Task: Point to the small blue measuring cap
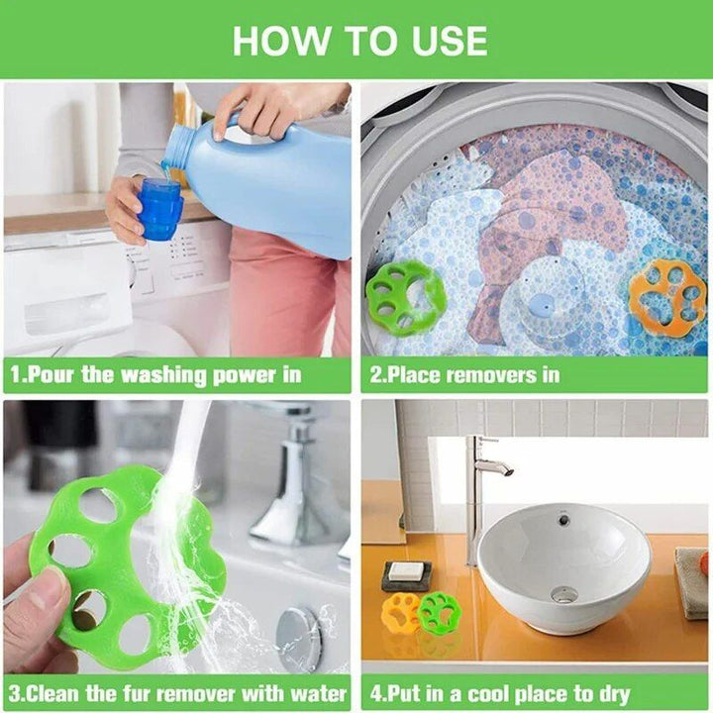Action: pos(160,209)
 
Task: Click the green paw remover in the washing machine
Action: pos(405,297)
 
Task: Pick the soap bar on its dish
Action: pos(405,571)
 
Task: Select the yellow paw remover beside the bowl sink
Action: pos(400,613)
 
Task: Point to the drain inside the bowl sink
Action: pos(563,594)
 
